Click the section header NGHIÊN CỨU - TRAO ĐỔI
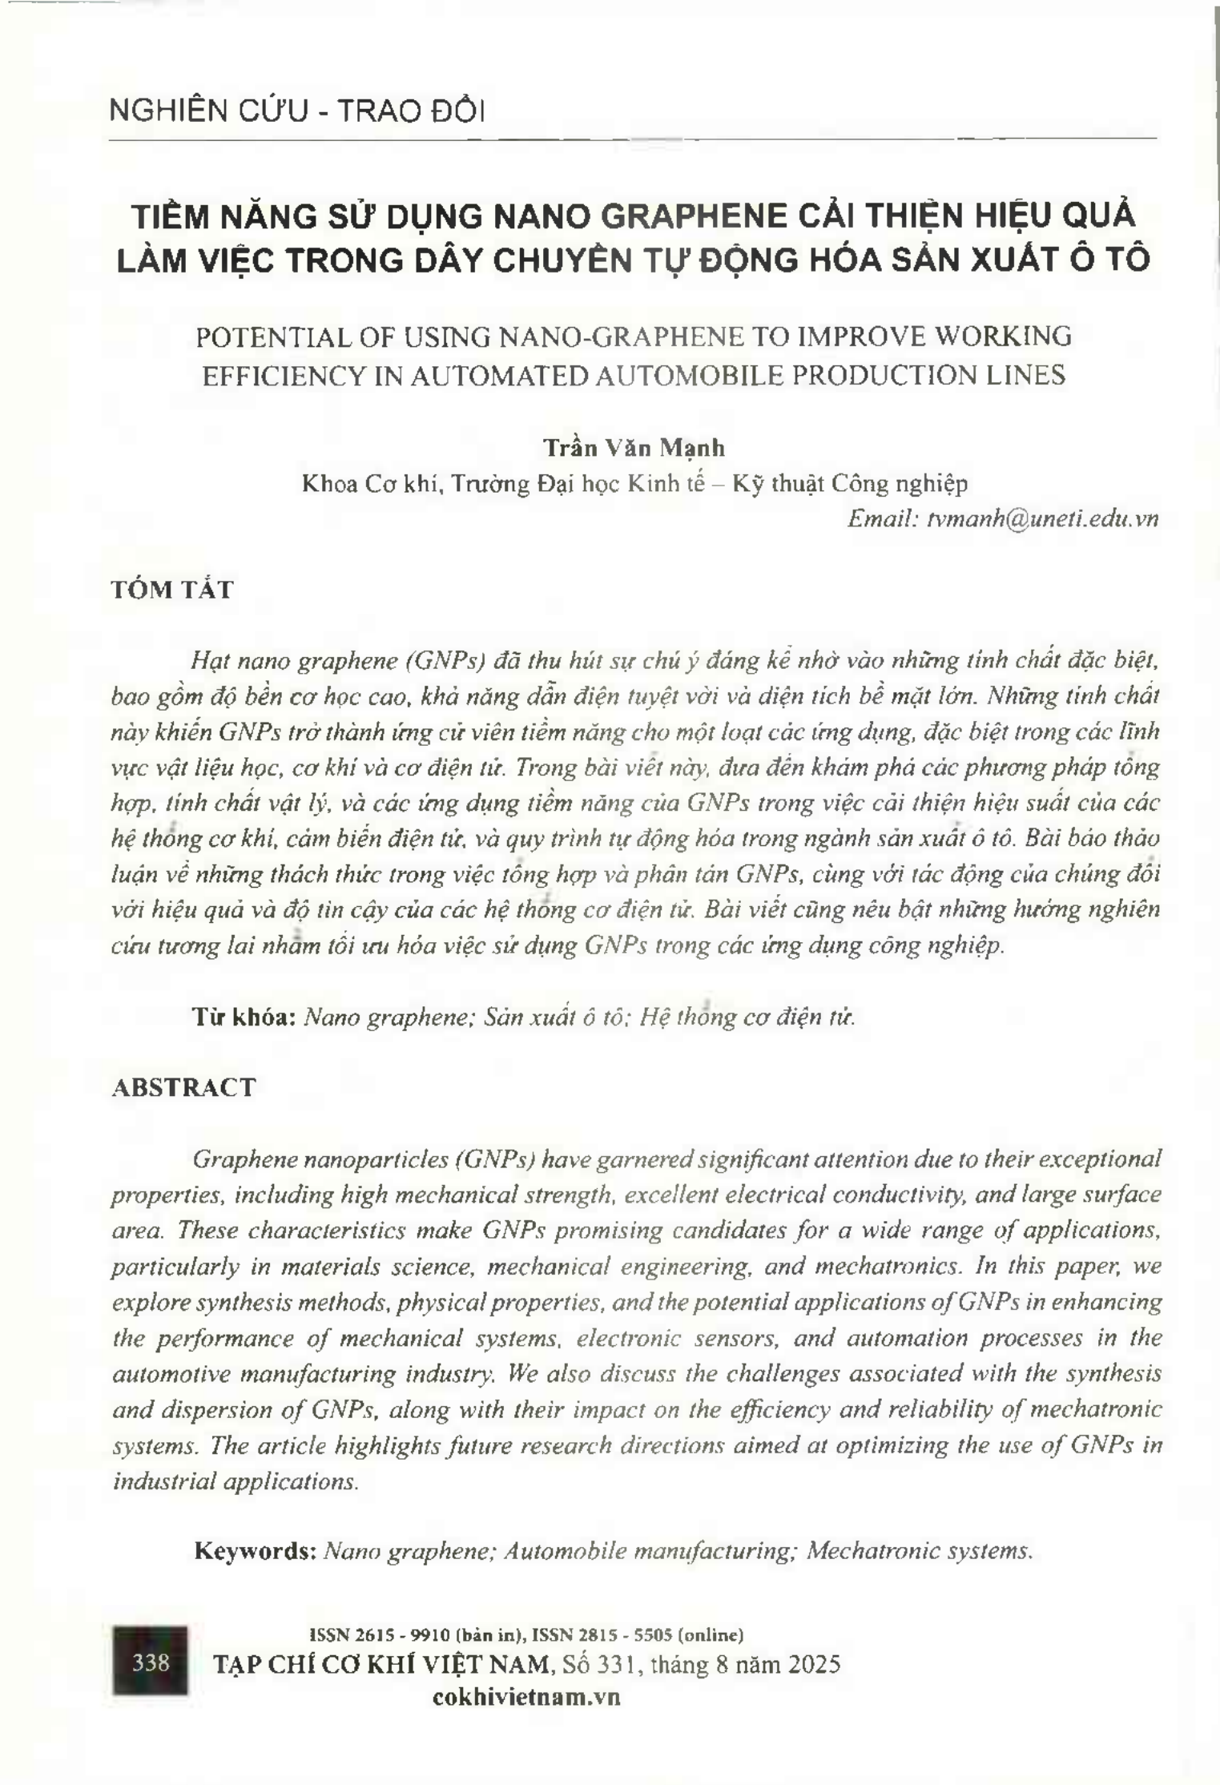(296, 111)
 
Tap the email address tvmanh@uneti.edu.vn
(1042, 518)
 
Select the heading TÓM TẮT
(171, 590)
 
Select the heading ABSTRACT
(183, 1087)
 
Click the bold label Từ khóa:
(245, 1017)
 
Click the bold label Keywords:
(256, 1550)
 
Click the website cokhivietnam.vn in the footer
(525, 1697)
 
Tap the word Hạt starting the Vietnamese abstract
(210, 661)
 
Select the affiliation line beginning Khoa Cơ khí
(634, 483)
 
